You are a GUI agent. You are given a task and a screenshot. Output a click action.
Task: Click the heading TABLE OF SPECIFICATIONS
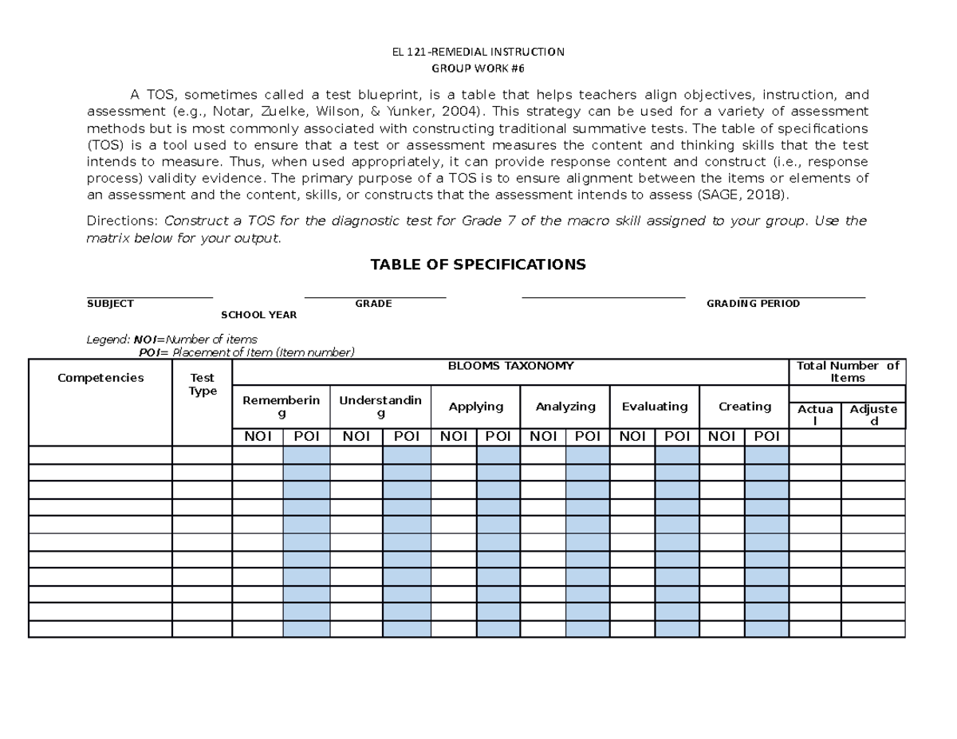pos(478,265)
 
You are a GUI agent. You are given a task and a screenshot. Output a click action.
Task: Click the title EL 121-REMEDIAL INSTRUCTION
pos(478,53)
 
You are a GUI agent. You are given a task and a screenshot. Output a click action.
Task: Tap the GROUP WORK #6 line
pos(478,69)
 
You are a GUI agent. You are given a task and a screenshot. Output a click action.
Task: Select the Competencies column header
pos(100,378)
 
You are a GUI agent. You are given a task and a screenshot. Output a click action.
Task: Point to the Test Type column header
pos(202,384)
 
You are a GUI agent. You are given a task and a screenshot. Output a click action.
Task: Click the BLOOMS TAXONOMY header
pos(510,366)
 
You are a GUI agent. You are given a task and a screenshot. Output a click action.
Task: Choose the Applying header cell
pos(476,407)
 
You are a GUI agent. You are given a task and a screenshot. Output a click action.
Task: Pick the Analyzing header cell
pos(565,407)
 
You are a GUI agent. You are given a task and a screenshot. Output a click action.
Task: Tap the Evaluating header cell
pos(654,407)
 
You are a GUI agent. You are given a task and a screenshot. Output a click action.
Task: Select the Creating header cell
pos(744,407)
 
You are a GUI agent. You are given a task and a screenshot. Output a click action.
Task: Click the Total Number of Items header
pos(847,371)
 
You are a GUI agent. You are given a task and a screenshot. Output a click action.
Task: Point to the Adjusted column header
pos(873,415)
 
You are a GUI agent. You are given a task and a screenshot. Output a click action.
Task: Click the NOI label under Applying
pos(454,436)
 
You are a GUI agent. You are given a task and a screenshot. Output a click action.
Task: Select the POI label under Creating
pos(766,436)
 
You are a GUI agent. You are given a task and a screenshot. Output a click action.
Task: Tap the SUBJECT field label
pos(110,304)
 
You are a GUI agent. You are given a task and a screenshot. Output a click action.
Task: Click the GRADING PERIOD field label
pos(753,304)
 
